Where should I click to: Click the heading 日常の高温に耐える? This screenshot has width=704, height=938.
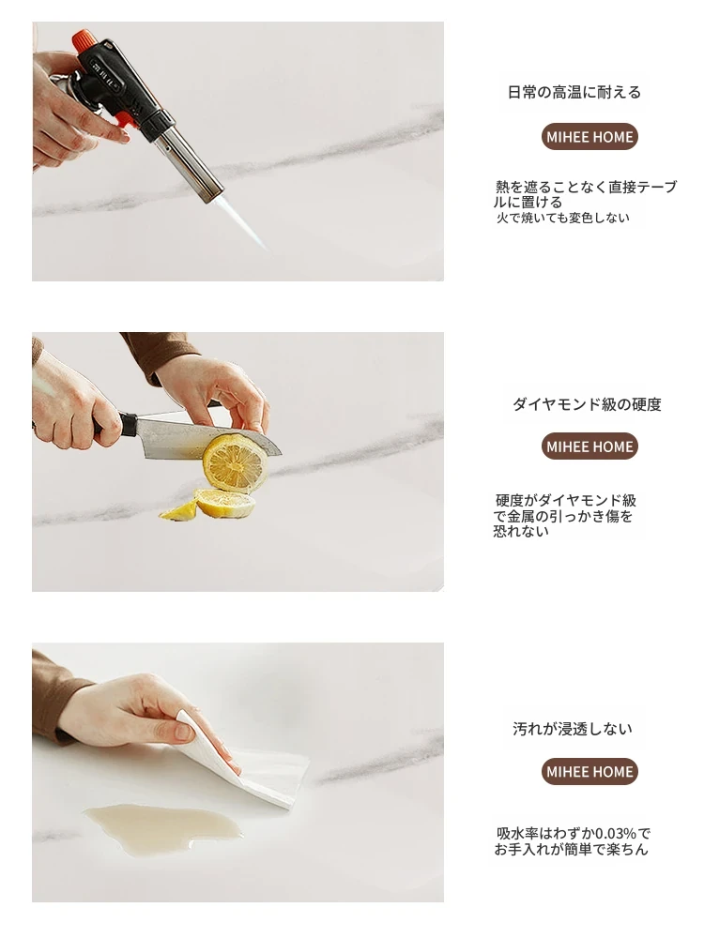(x=574, y=92)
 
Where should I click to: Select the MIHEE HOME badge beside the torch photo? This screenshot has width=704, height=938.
(x=589, y=136)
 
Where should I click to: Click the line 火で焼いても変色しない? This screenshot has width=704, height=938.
(x=562, y=218)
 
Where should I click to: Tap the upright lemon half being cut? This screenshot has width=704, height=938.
(x=235, y=461)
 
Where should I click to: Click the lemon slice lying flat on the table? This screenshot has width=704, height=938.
(x=225, y=504)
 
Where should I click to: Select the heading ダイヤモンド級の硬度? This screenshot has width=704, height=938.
(x=587, y=404)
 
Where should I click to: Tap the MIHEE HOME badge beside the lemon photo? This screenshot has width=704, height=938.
(x=589, y=446)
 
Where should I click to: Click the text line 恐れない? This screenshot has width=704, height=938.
(x=521, y=531)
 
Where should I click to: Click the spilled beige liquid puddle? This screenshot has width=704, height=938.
(x=164, y=825)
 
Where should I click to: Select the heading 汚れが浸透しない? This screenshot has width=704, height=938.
(x=573, y=729)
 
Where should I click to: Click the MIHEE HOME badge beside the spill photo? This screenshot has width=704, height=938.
(x=589, y=771)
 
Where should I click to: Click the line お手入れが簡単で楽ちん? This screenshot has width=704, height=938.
(x=571, y=850)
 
